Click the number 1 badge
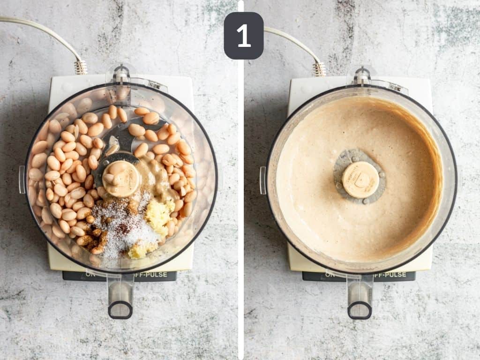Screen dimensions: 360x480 click(243, 36)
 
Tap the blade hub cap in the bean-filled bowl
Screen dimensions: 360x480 click(121, 179)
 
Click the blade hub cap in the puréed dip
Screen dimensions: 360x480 click(360, 180)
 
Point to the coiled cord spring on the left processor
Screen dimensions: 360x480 click(81, 67)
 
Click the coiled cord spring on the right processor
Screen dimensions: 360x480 click(319, 69)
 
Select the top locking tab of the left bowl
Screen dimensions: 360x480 click(121, 74)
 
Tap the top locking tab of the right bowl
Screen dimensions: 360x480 click(361, 75)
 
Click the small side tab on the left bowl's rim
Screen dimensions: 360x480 click(22, 180)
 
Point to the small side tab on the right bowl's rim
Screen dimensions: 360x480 click(262, 180)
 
